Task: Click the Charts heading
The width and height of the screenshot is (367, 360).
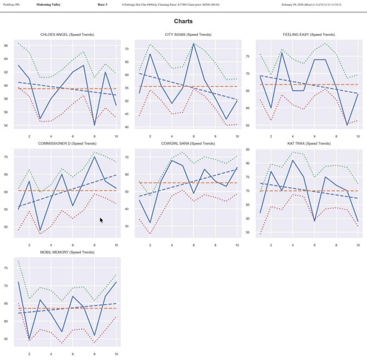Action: tap(183, 21)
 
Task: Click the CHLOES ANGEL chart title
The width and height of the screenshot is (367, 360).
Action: tap(67, 34)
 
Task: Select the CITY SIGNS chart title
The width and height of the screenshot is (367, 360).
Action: tap(188, 34)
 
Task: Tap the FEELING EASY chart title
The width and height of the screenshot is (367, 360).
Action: tap(309, 34)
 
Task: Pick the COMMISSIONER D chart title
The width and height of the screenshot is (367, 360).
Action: tap(67, 143)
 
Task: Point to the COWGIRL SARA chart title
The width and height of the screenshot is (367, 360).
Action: tap(188, 143)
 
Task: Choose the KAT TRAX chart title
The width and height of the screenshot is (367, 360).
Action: tap(309, 143)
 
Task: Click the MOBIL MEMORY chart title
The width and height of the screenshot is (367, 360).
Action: tap(67, 252)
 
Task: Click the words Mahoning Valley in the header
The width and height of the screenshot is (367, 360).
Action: tap(48, 5)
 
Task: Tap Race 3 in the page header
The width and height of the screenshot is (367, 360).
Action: tap(102, 5)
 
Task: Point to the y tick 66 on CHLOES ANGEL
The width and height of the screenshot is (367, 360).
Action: tap(6, 46)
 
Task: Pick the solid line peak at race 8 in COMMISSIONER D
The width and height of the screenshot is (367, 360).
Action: tap(94, 156)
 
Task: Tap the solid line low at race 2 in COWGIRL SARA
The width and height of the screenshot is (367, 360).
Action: tap(150, 223)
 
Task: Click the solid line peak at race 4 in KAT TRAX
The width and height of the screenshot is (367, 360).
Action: tap(293, 160)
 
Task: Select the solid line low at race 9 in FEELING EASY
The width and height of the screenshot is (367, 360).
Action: tap(347, 125)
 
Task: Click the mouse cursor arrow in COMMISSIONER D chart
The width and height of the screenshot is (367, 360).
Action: tap(101, 220)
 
